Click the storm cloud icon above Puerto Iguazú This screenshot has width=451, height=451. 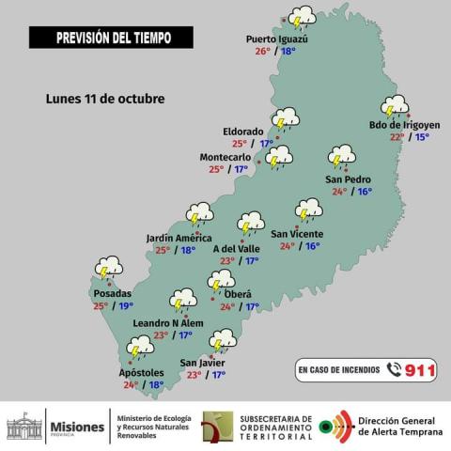[302, 17]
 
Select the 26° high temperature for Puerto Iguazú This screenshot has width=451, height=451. [262, 51]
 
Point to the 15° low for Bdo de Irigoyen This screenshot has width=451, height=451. [422, 136]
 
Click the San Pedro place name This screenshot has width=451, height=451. [348, 179]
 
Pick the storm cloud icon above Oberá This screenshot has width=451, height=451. [222, 280]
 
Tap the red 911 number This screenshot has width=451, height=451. [420, 370]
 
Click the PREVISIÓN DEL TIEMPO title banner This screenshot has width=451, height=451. [111, 38]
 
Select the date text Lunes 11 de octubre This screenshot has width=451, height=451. [105, 99]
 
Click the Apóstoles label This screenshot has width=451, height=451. [142, 372]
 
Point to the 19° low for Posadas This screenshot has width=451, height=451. [126, 305]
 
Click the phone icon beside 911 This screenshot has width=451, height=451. [394, 370]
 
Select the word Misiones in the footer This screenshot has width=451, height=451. [76, 427]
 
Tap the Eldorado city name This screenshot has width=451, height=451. [242, 131]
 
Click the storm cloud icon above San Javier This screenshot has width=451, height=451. [223, 339]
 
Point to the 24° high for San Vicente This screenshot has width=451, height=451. [287, 246]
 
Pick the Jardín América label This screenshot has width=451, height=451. [179, 238]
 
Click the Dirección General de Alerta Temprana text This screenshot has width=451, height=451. [398, 427]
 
